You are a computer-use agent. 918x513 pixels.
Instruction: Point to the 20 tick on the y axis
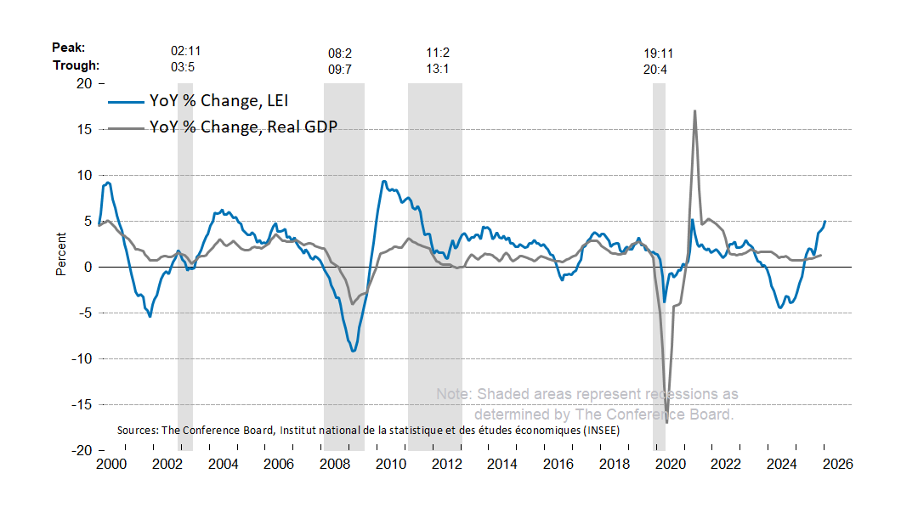pos(83,83)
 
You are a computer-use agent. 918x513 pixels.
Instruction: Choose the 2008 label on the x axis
pos(334,465)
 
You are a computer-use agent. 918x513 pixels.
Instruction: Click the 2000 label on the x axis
pos(110,465)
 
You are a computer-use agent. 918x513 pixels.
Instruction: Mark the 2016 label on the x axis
pos(558,465)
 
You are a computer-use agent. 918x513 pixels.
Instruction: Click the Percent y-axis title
pos(60,253)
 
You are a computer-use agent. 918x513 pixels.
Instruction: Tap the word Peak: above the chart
pos(68,49)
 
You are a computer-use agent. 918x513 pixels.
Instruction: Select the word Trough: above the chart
pos(76,65)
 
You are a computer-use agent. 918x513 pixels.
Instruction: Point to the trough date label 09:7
pos(340,70)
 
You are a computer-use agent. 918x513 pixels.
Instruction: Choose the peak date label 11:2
pos(438,53)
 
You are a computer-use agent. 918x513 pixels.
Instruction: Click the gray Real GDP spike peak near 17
pos(694,111)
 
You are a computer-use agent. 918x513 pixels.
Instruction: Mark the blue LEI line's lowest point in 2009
pos(353,350)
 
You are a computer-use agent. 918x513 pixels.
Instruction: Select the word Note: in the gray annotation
pos(455,394)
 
